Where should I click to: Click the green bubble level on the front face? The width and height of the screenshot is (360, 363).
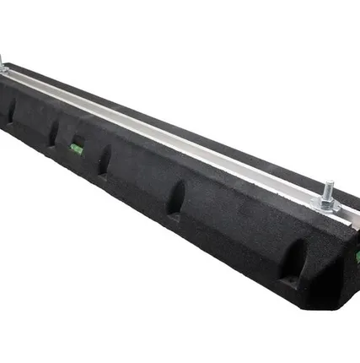(77, 149)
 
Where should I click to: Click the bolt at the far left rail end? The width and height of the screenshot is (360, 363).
(2, 63)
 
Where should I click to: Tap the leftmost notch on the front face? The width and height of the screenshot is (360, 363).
(12, 109)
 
